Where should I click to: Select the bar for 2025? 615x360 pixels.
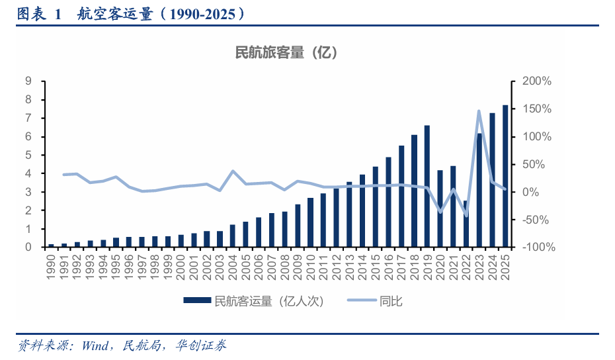pos(505,176)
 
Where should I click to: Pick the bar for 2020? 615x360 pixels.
pos(440,208)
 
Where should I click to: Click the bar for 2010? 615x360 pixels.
pos(310,222)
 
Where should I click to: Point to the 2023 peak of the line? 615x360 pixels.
pos(479,111)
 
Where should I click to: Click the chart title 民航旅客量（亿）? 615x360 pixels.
pos(286,52)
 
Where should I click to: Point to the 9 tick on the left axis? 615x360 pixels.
pos(28,81)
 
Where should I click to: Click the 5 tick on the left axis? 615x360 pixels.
pos(28,156)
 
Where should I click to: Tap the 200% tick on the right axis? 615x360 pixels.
pos(536,81)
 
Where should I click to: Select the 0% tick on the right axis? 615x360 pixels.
pos(531,192)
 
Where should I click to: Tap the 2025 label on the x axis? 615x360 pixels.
pos(505,265)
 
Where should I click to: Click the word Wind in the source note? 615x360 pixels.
pos(97,345)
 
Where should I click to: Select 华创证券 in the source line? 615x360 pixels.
pos(201,345)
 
